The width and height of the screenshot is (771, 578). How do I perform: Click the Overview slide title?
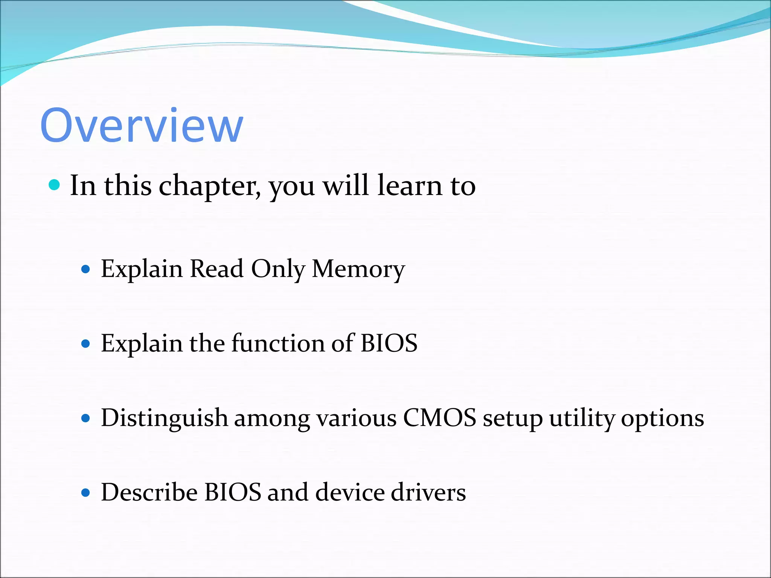tap(142, 125)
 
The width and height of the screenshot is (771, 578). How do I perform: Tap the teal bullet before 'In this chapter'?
tap(55, 185)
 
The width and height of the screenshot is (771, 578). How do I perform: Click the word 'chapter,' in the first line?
tap(209, 186)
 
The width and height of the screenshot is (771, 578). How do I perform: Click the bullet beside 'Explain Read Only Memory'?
tap(86, 269)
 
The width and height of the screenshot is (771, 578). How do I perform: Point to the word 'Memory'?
tap(358, 269)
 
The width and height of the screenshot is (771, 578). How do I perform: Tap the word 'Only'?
tap(278, 269)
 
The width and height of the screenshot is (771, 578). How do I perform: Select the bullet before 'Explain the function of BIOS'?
tap(86, 344)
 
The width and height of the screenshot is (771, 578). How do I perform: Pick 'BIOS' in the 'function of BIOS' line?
tap(389, 343)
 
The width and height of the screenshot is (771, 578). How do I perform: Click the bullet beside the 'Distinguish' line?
tap(86, 418)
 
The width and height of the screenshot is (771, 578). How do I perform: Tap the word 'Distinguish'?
tap(165, 418)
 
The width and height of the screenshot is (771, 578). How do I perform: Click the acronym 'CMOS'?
tap(439, 418)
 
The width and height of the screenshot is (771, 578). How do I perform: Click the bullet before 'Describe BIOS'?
tap(86, 493)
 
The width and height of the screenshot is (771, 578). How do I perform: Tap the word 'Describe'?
tap(149, 492)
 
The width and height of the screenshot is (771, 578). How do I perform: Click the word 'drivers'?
tap(428, 492)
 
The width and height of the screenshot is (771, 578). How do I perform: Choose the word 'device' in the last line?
tap(350, 492)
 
